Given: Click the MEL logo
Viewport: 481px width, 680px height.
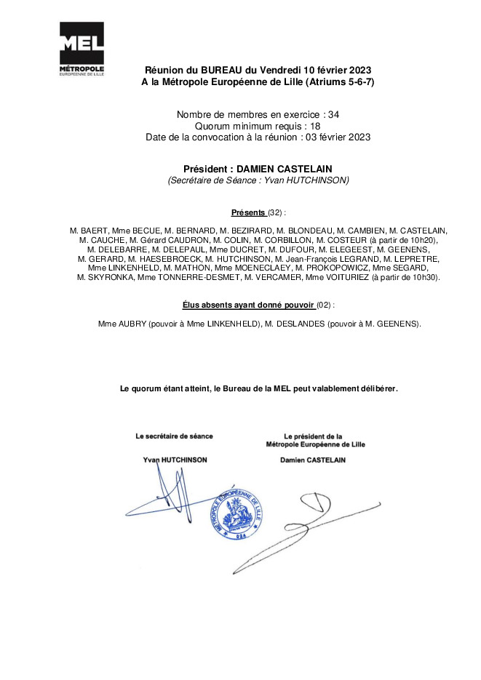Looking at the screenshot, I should pos(81,49).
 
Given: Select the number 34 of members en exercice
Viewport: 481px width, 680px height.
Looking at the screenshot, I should pos(333,115).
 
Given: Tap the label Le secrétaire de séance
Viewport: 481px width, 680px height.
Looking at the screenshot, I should pos(175,436).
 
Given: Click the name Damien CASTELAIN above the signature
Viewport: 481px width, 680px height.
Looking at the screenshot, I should pos(313,460).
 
